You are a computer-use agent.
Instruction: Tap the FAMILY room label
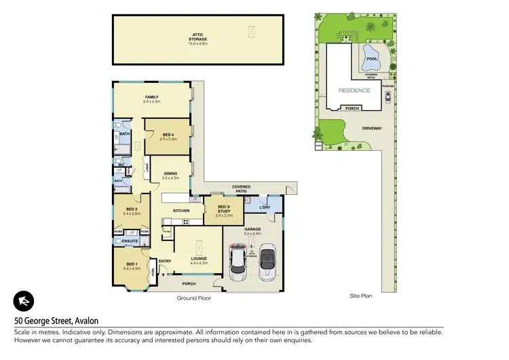coord(151,98)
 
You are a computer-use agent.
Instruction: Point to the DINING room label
coord(170,175)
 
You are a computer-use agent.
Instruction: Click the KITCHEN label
coord(181,211)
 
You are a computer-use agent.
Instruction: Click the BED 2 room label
coord(131,210)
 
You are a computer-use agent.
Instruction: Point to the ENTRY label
coord(164,261)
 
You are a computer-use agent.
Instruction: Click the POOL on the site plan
coord(371,58)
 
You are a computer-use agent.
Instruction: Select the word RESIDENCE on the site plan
coord(354,90)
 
